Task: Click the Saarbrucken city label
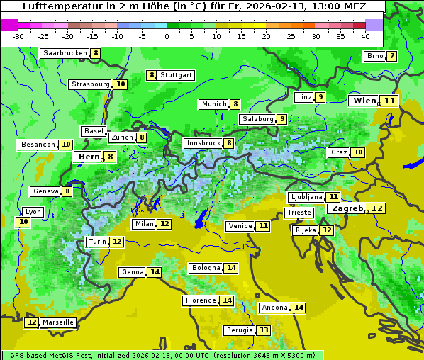(x=65, y=53)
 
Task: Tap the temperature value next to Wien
(x=391, y=101)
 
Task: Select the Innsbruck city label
(x=203, y=143)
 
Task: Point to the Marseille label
(x=58, y=322)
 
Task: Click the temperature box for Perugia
(x=264, y=330)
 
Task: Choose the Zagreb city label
(x=347, y=208)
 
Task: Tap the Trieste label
(x=299, y=213)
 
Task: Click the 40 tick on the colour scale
(x=365, y=35)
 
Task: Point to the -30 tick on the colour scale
(x=18, y=35)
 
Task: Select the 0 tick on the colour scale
(x=167, y=35)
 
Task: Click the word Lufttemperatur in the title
(x=57, y=6)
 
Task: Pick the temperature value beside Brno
(x=391, y=56)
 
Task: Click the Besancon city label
(x=38, y=145)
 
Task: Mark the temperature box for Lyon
(x=23, y=222)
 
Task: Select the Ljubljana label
(x=306, y=197)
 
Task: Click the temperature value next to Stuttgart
(x=151, y=75)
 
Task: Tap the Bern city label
(x=89, y=157)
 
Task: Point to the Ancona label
(x=274, y=308)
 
